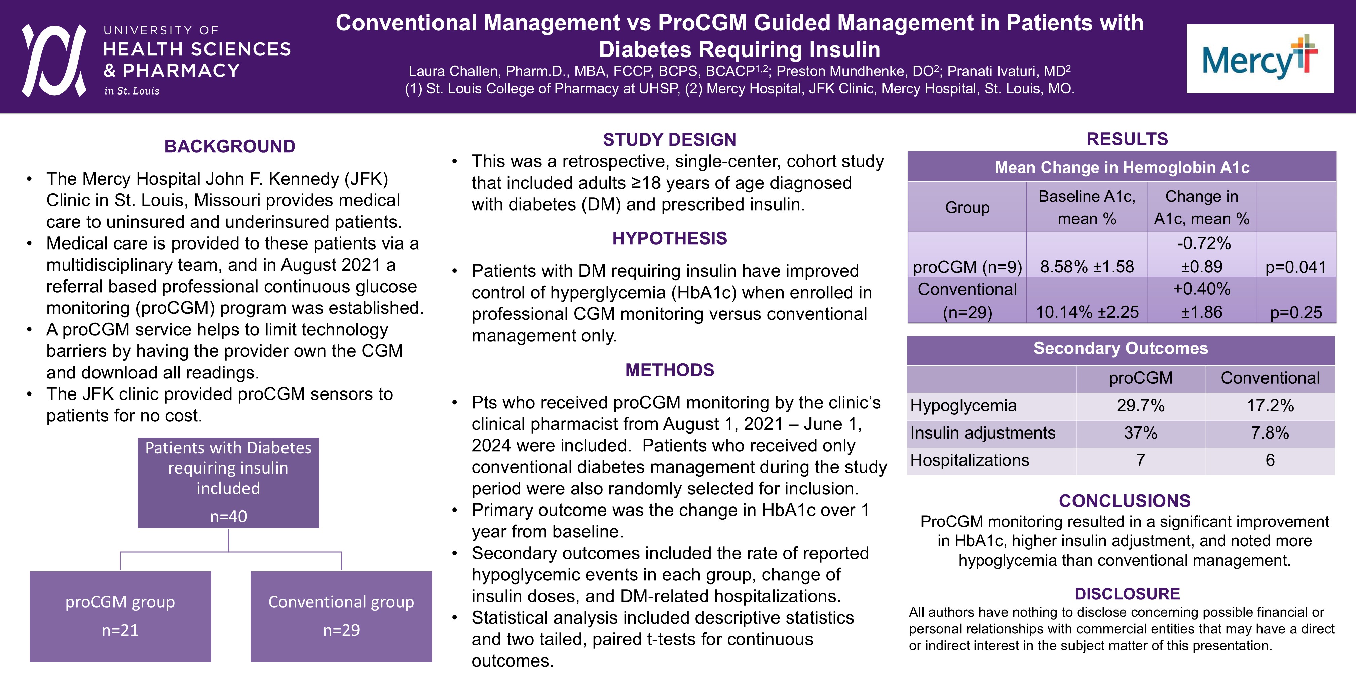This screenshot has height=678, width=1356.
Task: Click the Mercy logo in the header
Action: (1260, 59)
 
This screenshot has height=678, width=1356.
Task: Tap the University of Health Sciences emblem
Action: (54, 60)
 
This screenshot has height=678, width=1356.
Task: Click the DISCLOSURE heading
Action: (1127, 594)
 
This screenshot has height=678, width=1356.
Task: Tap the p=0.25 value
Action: (1295, 312)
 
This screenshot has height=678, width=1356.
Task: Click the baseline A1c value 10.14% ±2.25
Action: (1087, 312)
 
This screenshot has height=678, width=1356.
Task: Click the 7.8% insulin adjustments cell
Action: (1270, 433)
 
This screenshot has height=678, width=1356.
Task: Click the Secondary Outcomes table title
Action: (1121, 348)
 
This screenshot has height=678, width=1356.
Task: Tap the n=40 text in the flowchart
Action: (228, 516)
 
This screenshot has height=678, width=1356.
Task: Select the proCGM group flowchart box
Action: (120, 615)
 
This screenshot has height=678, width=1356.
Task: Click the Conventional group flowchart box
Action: (341, 615)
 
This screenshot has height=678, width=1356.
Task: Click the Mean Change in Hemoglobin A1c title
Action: (1122, 167)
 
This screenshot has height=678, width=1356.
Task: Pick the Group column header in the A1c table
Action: (967, 208)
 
